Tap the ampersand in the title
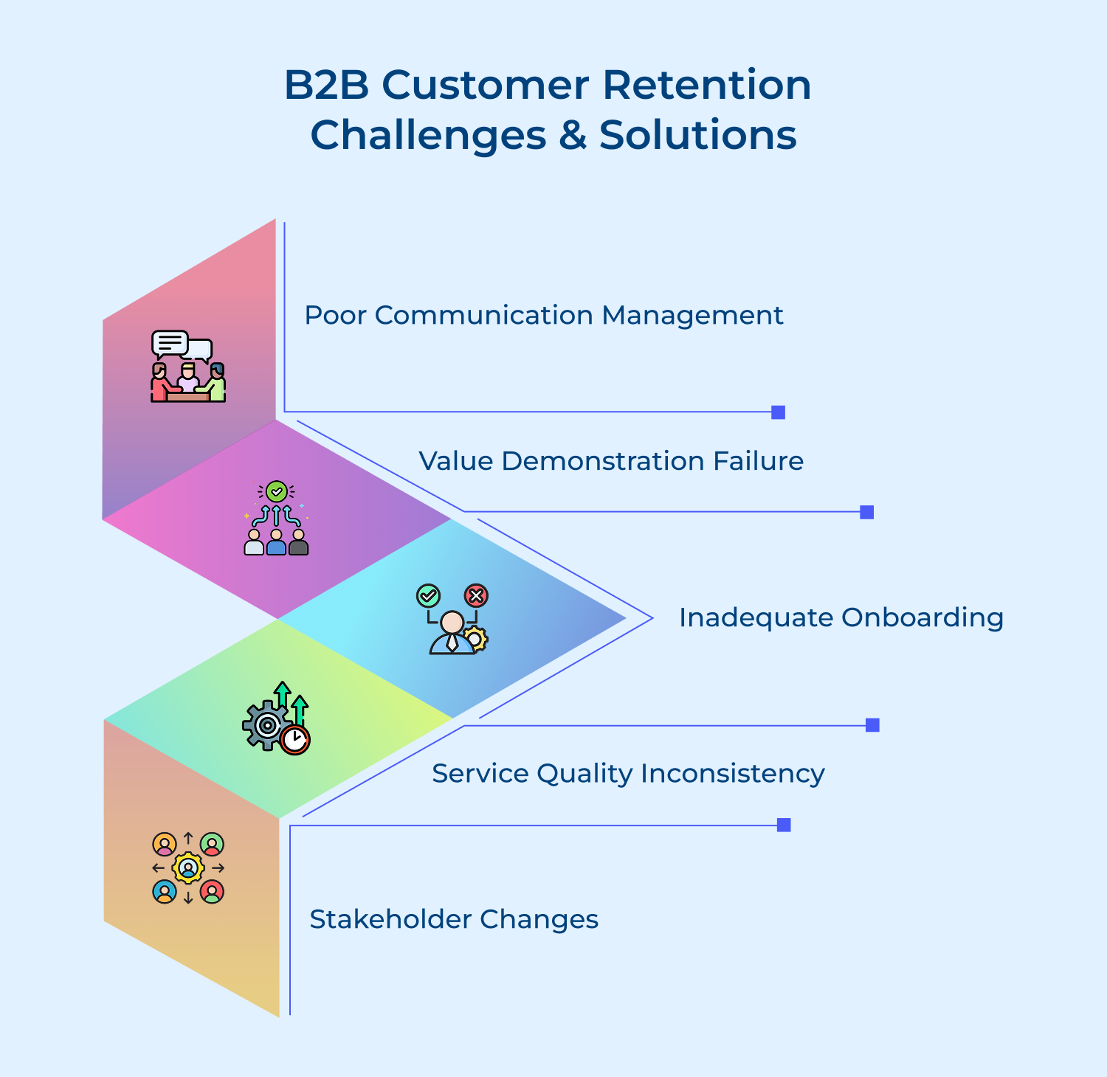point(572,135)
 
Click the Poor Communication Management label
point(543,315)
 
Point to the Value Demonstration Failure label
point(610,461)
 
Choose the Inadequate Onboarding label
point(841,617)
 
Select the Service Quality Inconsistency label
point(628,773)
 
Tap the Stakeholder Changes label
point(453,919)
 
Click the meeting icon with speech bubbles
point(187,367)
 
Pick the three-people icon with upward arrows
point(276,518)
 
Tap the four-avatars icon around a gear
point(188,868)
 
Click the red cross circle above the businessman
point(476,595)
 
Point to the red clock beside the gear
point(295,740)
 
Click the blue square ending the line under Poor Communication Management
point(778,412)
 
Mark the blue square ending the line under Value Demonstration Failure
point(867,512)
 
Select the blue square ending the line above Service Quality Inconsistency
point(872,725)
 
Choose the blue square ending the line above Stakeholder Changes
point(784,825)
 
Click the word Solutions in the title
point(697,135)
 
